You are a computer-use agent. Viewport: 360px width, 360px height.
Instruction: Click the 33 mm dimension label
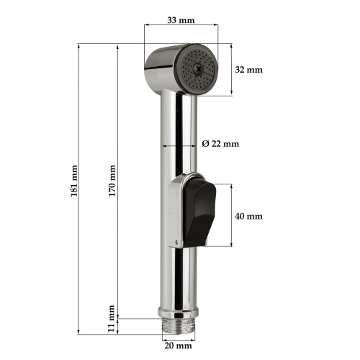pyautogui.click(x=181, y=20)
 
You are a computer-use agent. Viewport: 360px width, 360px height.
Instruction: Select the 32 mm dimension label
pyautogui.click(x=249, y=70)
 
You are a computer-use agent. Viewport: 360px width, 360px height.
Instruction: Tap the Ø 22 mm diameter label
pyautogui.click(x=220, y=144)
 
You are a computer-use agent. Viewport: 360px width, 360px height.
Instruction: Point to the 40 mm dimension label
pyautogui.click(x=249, y=217)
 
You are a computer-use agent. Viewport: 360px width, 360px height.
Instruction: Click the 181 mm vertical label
pyautogui.click(x=74, y=181)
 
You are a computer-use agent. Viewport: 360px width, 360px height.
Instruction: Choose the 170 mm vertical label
pyautogui.click(x=112, y=181)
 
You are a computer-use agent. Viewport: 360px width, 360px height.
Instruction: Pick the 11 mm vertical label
pyautogui.click(x=111, y=318)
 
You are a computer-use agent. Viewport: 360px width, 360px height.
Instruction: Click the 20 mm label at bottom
pyautogui.click(x=179, y=346)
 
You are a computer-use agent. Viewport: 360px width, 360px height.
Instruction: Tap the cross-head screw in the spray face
pyautogui.click(x=199, y=69)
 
